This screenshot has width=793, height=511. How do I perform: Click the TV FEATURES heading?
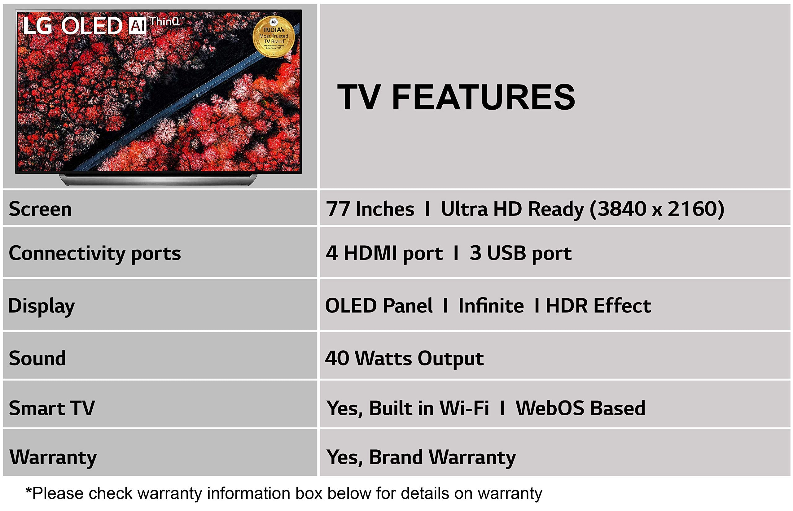tap(456, 97)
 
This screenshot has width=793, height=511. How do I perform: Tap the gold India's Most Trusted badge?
tap(274, 37)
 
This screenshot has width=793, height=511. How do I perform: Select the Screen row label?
tap(40, 209)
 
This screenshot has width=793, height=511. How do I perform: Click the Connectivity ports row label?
tap(95, 254)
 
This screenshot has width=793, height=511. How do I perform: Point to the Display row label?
tap(42, 306)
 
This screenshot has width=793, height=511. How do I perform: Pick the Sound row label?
tap(37, 358)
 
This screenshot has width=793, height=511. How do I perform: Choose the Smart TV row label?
tap(52, 408)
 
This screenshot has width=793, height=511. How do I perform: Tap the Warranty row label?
tap(53, 457)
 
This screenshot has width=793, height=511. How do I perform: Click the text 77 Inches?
tap(370, 209)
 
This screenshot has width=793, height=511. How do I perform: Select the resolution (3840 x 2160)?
tap(657, 209)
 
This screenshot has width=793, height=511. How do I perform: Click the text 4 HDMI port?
tap(384, 254)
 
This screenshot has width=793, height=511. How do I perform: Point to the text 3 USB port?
tap(520, 254)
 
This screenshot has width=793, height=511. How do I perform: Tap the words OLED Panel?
tap(379, 306)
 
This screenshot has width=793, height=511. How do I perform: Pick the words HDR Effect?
tap(598, 306)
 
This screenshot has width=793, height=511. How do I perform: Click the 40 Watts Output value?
tap(404, 359)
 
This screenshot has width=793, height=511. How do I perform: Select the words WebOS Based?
tap(580, 408)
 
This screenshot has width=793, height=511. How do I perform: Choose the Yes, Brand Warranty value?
tap(421, 457)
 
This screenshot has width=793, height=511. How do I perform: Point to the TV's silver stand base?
tap(158, 180)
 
